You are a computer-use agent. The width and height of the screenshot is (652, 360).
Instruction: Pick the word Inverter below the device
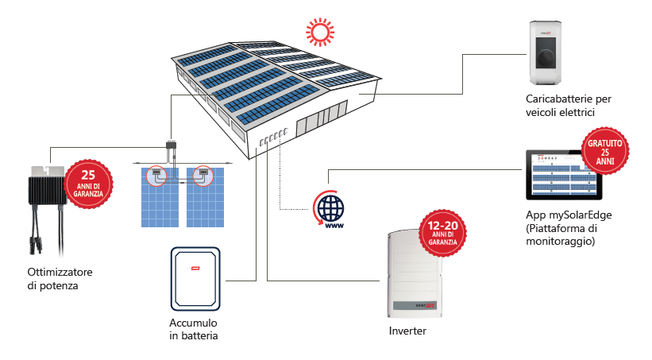pos(407,331)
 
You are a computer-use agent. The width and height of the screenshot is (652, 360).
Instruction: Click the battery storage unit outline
pos(195,278)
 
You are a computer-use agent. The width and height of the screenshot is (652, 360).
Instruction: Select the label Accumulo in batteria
pos(193,330)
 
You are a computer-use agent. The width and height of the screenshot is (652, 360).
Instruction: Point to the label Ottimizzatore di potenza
pos(52,278)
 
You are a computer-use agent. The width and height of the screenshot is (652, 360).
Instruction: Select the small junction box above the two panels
pos(171,145)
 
